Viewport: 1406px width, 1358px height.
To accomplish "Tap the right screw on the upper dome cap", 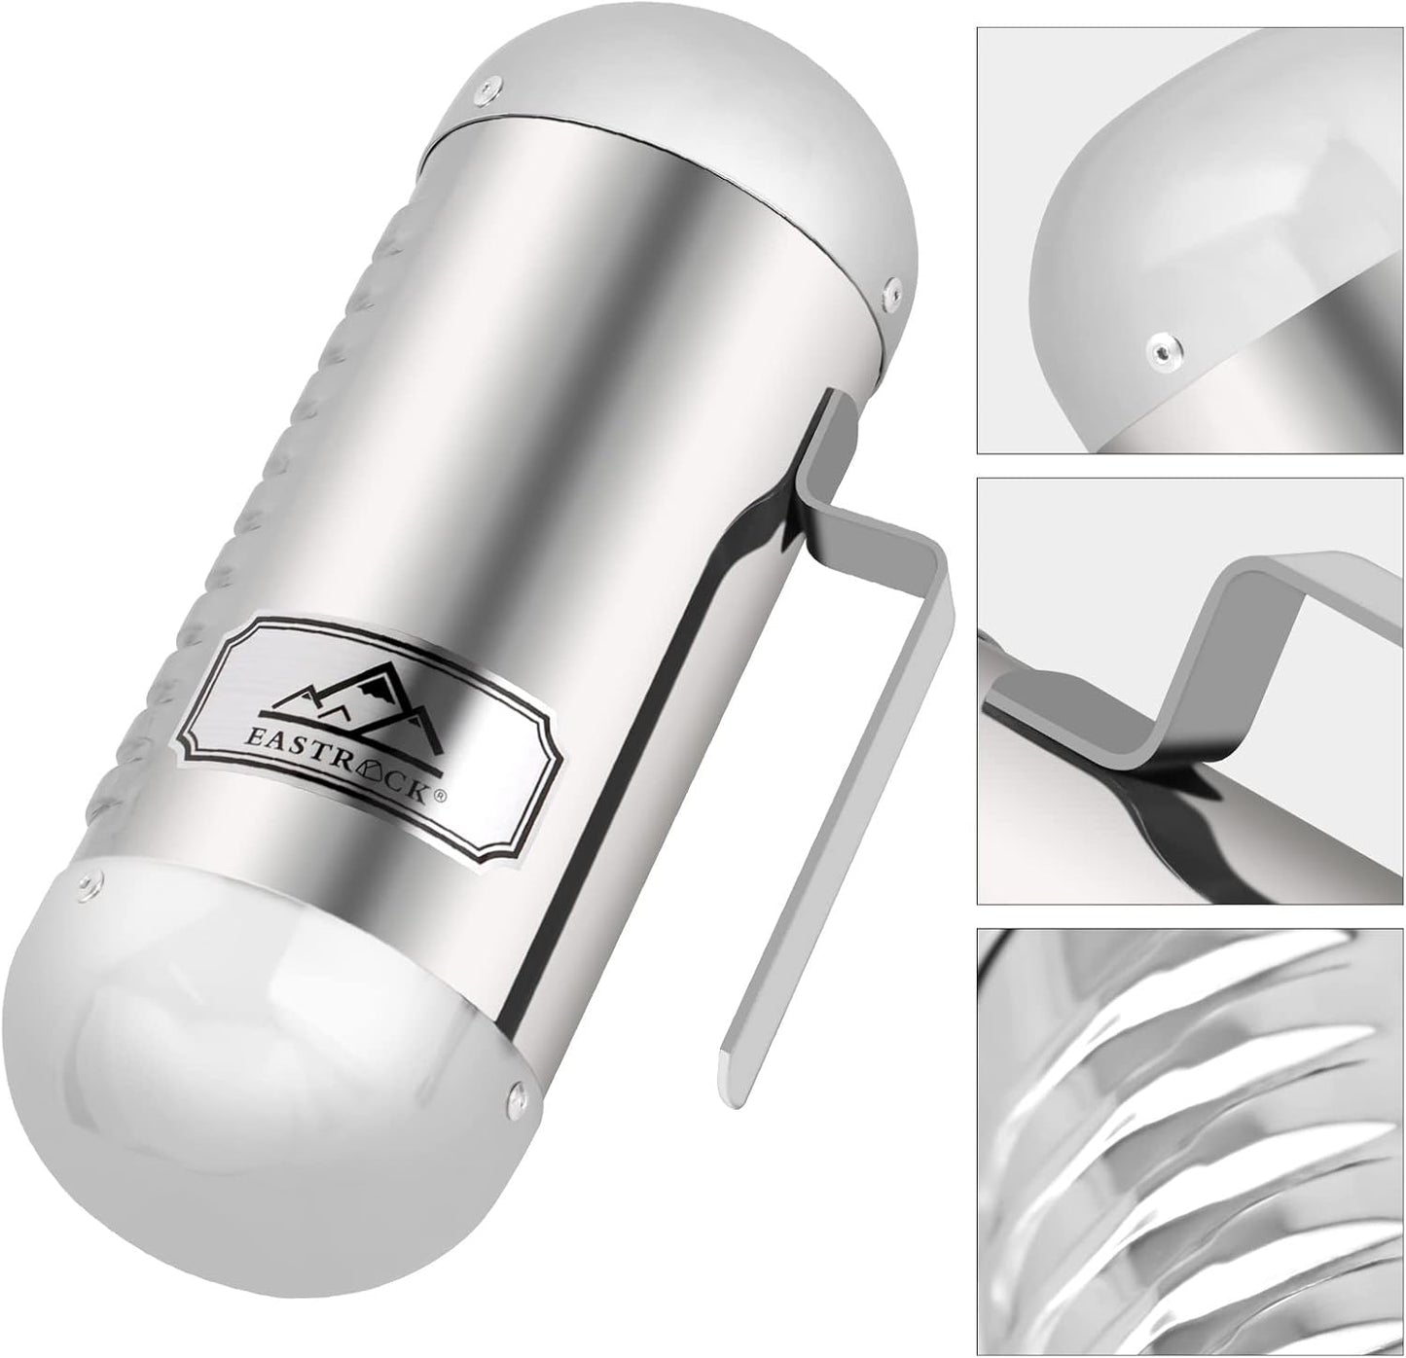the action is coord(891,289).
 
